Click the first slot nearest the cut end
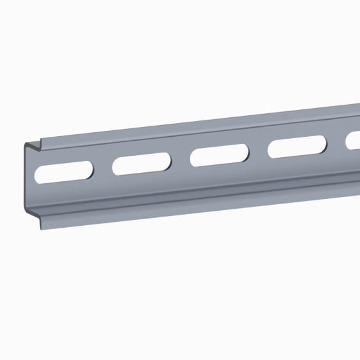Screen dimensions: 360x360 [63, 171]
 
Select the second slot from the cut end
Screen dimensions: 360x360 [142, 164]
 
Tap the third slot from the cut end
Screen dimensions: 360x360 [219, 155]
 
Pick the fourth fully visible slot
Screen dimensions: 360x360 [297, 147]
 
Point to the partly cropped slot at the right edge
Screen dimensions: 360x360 [353, 140]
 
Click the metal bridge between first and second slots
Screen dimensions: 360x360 [103, 168]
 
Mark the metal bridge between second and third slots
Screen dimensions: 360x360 [181, 159]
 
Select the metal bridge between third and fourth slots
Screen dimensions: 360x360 [259, 151]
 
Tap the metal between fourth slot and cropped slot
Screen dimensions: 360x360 [336, 142]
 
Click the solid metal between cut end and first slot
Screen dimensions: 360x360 [31, 175]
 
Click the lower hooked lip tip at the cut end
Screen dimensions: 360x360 [43, 226]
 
